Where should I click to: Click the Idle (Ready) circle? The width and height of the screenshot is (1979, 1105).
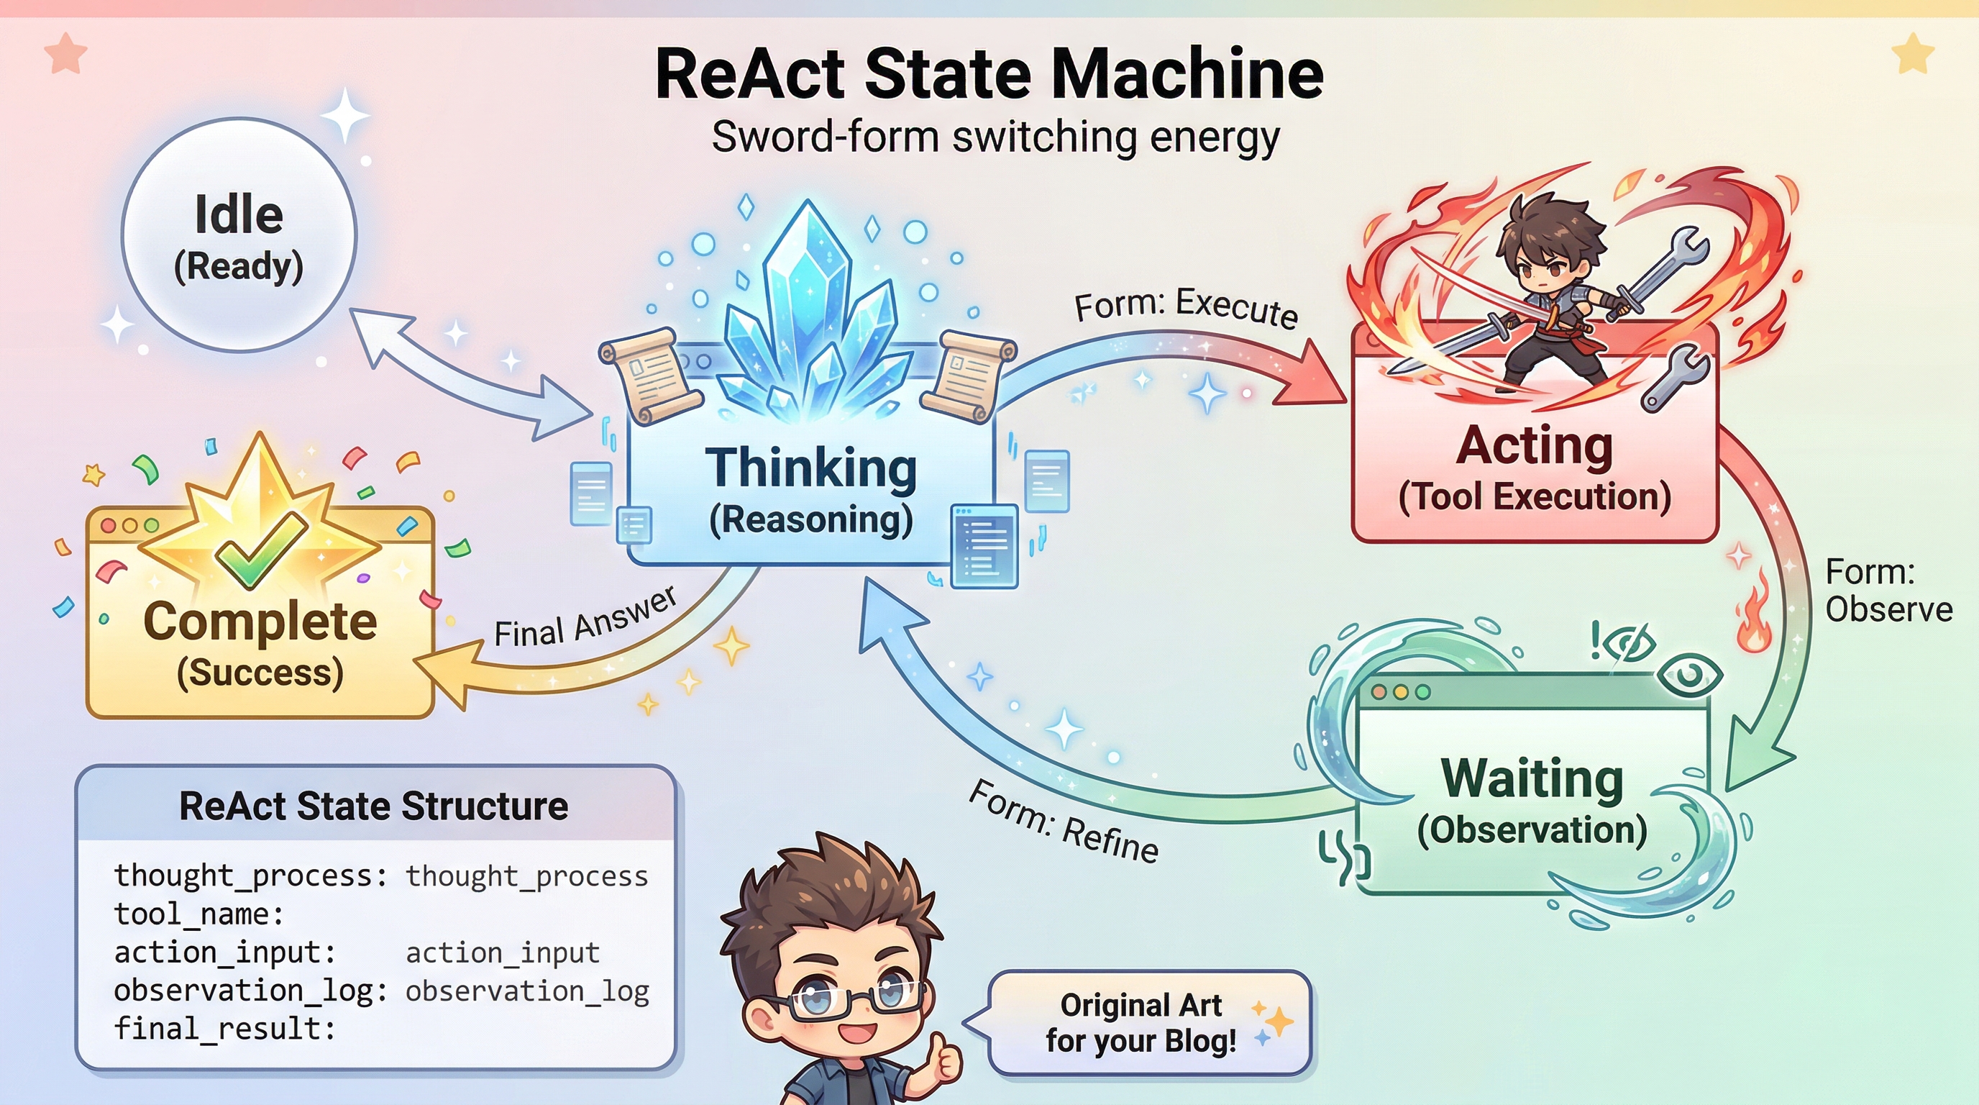(239, 235)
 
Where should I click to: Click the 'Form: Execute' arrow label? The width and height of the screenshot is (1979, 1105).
(1185, 306)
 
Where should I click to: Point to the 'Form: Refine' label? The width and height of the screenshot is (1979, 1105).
(1064, 822)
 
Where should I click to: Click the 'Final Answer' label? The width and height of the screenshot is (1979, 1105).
(585, 619)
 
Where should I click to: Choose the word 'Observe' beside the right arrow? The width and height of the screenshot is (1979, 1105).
(1888, 609)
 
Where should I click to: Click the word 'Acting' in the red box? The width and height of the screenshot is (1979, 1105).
(1534, 446)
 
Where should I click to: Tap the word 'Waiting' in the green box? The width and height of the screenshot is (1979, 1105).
(1532, 778)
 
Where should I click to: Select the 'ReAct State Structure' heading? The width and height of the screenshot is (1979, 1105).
(373, 806)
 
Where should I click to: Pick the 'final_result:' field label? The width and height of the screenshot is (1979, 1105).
(224, 1028)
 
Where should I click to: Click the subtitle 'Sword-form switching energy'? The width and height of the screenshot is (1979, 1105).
(995, 137)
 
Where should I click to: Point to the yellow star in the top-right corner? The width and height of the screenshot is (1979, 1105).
(1912, 54)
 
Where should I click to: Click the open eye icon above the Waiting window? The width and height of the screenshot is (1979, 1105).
(1688, 676)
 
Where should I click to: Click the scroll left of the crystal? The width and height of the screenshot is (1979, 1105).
(649, 374)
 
